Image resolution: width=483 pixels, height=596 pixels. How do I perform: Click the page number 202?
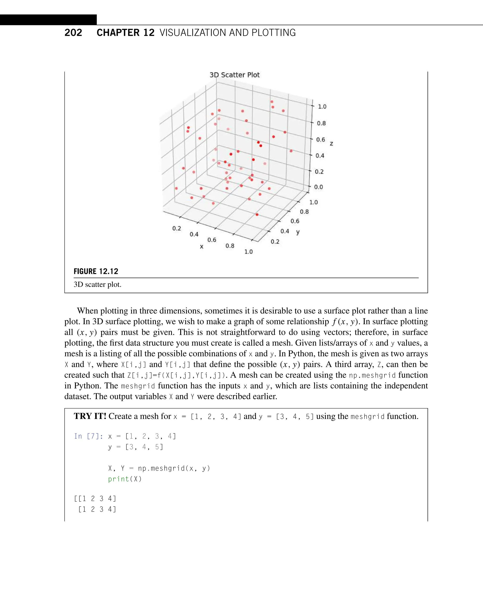(x=73, y=33)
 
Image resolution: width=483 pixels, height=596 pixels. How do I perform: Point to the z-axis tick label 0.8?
(x=321, y=123)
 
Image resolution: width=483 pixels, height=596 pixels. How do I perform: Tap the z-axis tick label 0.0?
(x=318, y=187)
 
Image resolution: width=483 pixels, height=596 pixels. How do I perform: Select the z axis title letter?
(x=331, y=144)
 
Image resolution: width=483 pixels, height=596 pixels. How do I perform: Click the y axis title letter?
(x=298, y=232)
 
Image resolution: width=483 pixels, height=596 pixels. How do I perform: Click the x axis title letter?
(x=202, y=247)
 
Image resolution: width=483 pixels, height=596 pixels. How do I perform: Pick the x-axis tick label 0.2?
(x=177, y=228)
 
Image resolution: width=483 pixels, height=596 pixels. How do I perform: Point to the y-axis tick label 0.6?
(x=295, y=221)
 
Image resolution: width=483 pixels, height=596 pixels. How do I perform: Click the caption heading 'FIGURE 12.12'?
(x=96, y=271)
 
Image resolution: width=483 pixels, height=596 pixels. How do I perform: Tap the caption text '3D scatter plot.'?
(x=97, y=285)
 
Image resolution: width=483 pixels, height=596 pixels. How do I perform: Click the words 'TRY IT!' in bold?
(x=90, y=416)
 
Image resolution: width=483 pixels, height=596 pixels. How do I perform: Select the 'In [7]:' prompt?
(x=88, y=436)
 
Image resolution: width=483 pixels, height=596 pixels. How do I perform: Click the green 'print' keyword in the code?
(x=119, y=479)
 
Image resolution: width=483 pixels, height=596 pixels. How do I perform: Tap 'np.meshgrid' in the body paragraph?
(x=372, y=375)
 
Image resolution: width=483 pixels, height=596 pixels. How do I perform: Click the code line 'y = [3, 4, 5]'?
(x=136, y=447)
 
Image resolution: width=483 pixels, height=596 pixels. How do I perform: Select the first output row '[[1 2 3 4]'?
(x=95, y=499)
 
